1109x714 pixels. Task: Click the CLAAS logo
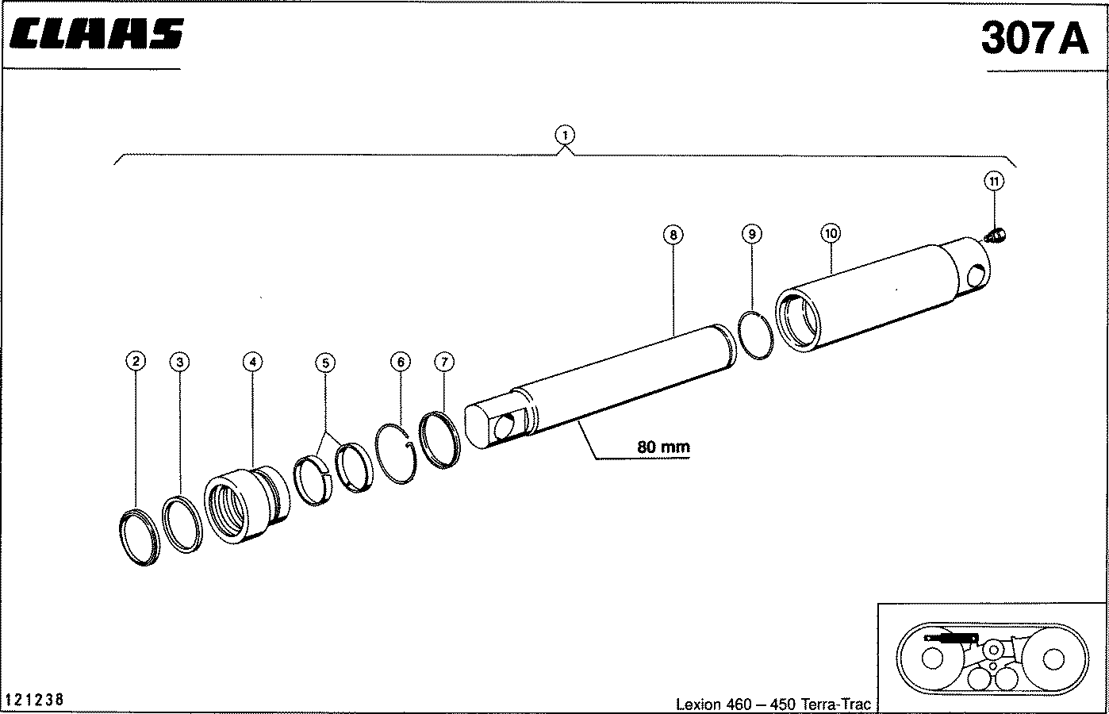(97, 33)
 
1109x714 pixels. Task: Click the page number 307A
(1034, 38)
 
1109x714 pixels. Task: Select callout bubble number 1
(565, 135)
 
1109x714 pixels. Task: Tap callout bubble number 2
(136, 361)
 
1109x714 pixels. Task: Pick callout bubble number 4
(252, 362)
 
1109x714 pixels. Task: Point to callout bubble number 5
(325, 363)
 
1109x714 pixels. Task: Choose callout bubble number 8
(673, 235)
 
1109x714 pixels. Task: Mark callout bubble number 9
(751, 234)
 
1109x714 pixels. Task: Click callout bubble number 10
(831, 233)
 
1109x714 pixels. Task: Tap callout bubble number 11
(994, 181)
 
